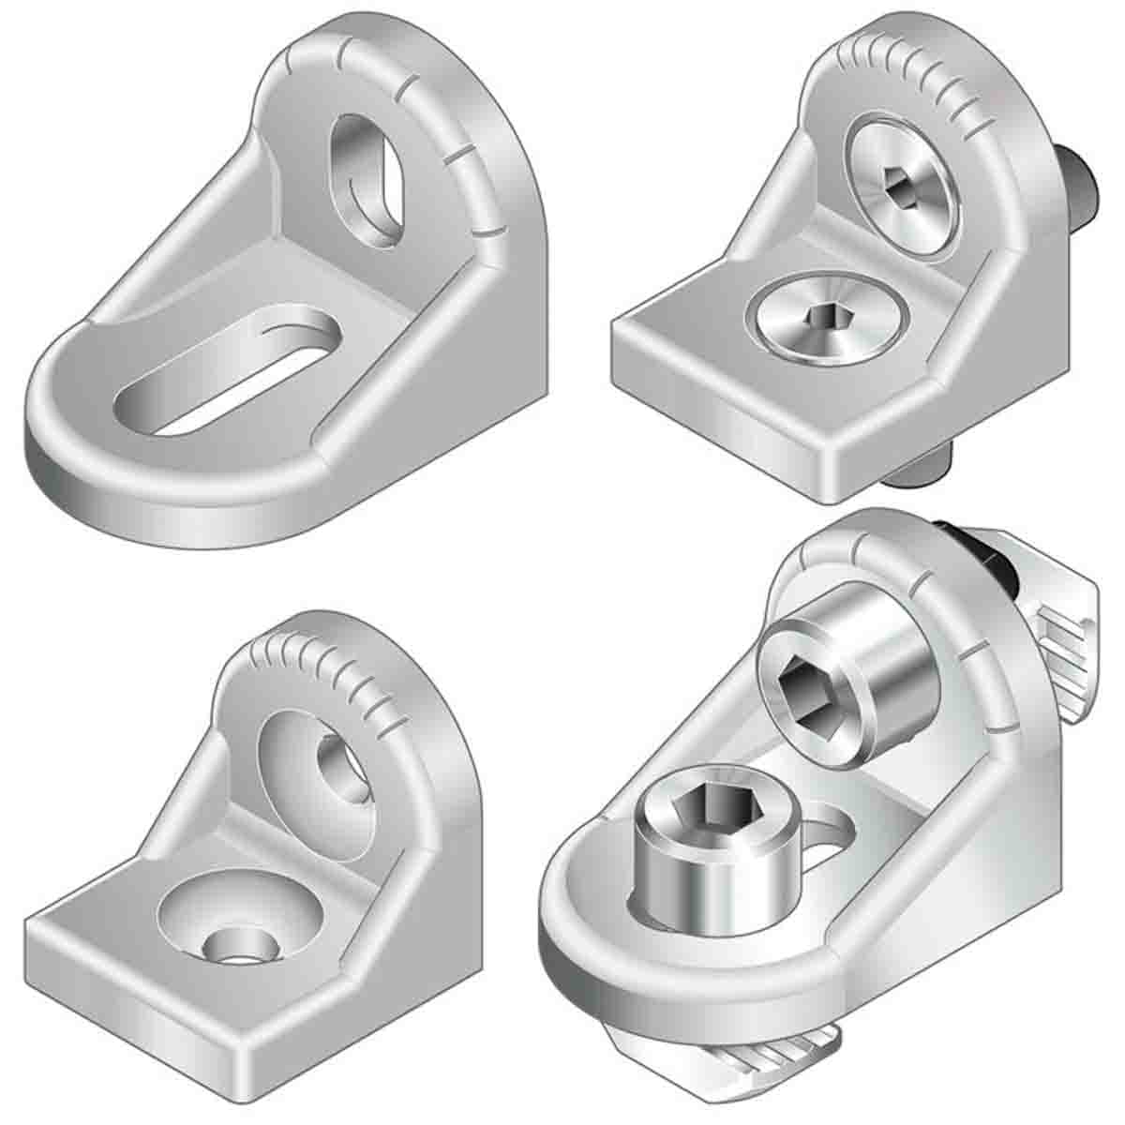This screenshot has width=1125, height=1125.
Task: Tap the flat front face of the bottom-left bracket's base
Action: (x=131, y=1022)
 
